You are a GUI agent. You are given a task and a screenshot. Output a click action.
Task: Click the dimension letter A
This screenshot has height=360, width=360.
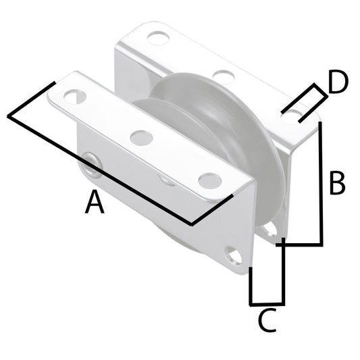click(95, 203)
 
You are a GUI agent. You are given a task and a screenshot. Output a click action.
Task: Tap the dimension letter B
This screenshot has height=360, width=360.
click(337, 183)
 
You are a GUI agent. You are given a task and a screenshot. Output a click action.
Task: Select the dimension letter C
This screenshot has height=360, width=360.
click(268, 321)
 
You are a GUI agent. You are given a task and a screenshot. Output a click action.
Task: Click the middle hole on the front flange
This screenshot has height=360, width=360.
click(141, 138)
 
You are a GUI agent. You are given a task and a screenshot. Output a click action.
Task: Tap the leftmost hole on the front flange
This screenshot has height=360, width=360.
click(75, 97)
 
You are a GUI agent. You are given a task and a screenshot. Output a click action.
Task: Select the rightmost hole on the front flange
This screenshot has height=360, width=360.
click(209, 180)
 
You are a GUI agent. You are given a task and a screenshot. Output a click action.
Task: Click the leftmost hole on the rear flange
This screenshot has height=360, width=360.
click(158, 38)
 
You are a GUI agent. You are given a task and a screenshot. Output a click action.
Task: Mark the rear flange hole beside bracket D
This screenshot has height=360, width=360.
click(290, 117)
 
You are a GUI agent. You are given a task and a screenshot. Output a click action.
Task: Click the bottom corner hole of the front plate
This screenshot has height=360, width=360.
click(234, 257)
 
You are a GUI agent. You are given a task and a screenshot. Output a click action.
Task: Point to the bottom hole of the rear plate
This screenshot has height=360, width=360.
click(270, 230)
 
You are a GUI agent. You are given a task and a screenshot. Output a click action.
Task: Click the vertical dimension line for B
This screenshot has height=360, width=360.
click(322, 182)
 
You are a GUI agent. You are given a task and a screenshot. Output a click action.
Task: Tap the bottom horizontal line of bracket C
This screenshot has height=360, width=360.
click(267, 303)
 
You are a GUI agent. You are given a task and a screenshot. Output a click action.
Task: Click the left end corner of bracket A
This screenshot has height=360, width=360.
click(9, 116)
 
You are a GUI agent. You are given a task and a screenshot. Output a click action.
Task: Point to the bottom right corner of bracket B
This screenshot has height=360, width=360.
click(322, 243)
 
